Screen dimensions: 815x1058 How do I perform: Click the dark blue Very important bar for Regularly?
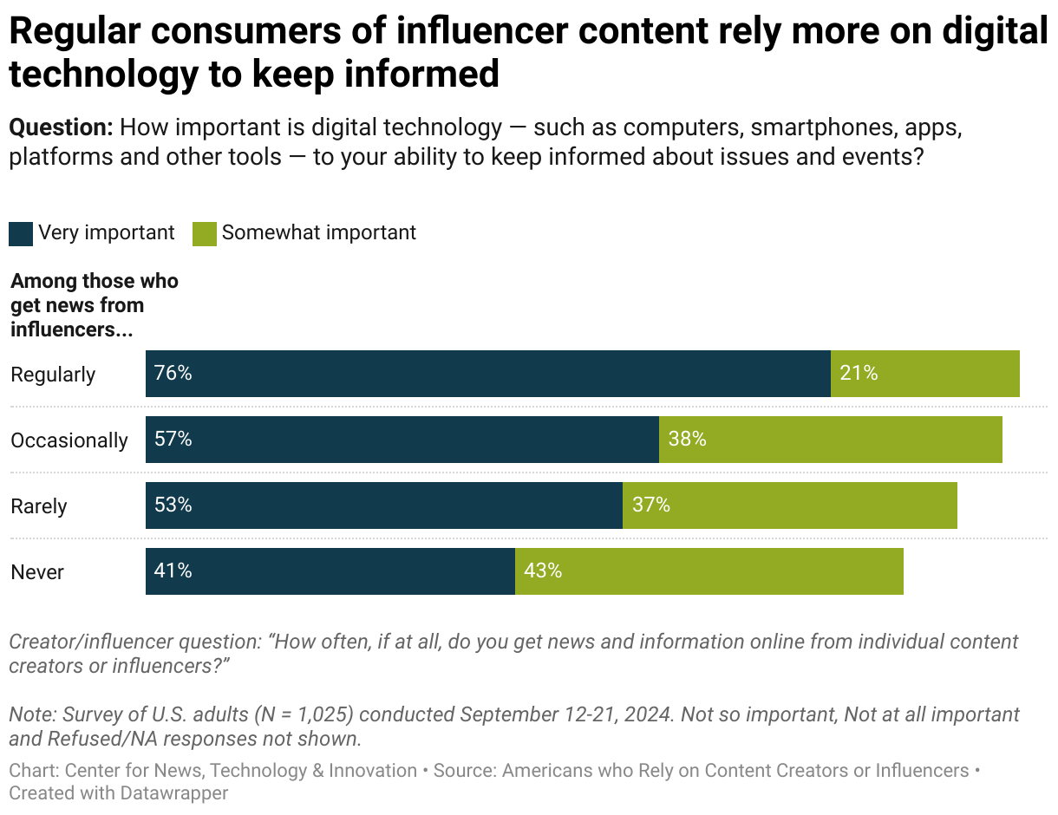[x=487, y=374]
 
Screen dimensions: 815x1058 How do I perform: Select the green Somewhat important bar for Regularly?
[x=924, y=374]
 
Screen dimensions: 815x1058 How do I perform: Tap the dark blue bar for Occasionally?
[x=402, y=440]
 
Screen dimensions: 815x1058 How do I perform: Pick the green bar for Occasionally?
[x=830, y=440]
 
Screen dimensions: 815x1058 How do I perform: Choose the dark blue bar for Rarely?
[x=383, y=505]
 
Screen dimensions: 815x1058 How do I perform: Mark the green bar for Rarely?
[x=789, y=505]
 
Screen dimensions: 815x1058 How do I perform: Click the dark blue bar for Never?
[x=330, y=571]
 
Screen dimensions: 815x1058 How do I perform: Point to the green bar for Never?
[x=709, y=571]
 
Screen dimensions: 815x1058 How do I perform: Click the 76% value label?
[x=173, y=374]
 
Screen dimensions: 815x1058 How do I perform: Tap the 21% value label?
[x=859, y=374]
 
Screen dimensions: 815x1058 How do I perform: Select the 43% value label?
[x=543, y=571]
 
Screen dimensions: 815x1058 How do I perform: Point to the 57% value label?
[x=173, y=440]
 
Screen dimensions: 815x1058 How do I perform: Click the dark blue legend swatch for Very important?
[x=21, y=234]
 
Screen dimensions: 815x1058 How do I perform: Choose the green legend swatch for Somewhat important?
[x=205, y=234]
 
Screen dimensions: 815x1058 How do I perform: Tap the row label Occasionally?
[x=69, y=440]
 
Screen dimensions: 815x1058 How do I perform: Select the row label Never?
[x=37, y=572]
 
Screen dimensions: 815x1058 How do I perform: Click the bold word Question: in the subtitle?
[x=61, y=128]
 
